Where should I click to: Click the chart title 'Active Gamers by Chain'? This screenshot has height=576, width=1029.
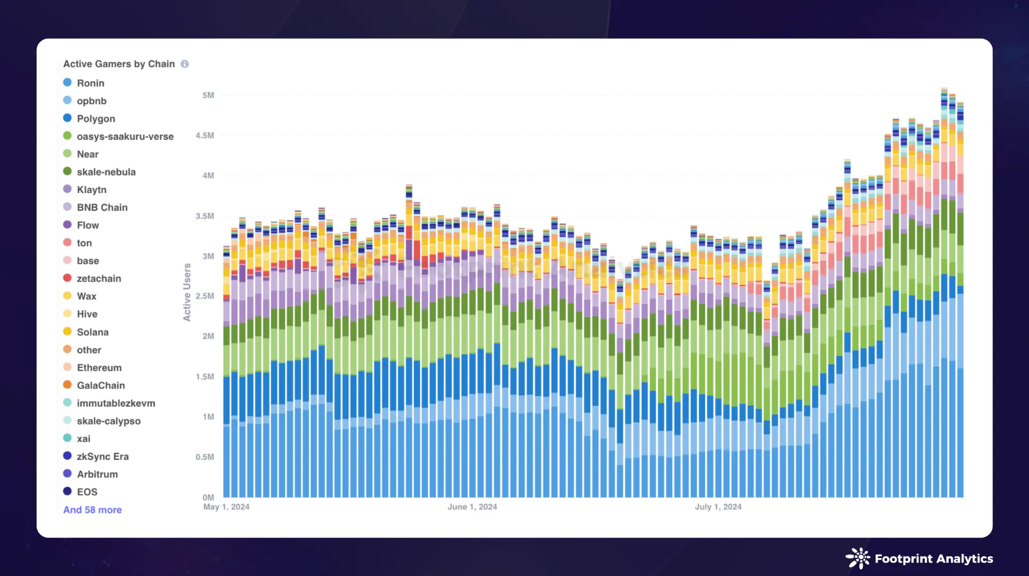pos(119,64)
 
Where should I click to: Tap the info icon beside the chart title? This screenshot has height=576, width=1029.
pos(185,64)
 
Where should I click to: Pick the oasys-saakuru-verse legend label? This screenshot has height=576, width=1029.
pos(125,136)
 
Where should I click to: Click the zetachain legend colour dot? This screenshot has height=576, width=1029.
pos(67,278)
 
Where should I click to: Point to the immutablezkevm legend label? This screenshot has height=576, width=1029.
pos(116,403)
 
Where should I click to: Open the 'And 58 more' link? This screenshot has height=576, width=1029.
pos(92,510)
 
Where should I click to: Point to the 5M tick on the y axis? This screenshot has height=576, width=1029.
pos(208,95)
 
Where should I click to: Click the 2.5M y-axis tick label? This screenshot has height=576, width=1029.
pos(205,296)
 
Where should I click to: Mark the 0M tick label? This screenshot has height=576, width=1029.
pos(208,497)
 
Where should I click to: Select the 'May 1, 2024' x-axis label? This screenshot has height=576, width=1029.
pos(226,507)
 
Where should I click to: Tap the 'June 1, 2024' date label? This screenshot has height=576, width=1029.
pos(472,507)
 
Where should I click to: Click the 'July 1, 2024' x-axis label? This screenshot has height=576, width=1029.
pos(718,507)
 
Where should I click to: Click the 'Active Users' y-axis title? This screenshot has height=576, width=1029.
pos(187,292)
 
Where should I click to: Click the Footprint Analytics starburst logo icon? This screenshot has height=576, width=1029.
pos(858,558)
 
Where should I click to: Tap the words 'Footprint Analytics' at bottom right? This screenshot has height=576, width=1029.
pos(934,558)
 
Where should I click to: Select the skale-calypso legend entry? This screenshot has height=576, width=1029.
pos(109,421)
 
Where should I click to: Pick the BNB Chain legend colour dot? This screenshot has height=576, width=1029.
pos(67,207)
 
